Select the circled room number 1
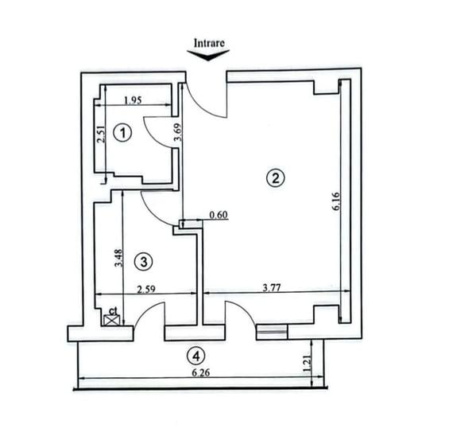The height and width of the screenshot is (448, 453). (122, 134)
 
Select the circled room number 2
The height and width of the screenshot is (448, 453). (275, 177)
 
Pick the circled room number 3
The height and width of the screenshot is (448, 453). (143, 260)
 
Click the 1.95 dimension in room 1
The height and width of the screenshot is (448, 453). (134, 100)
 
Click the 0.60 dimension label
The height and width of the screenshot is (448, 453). (219, 215)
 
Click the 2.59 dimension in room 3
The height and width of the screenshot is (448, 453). (146, 290)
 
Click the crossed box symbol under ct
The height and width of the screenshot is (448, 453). (113, 320)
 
